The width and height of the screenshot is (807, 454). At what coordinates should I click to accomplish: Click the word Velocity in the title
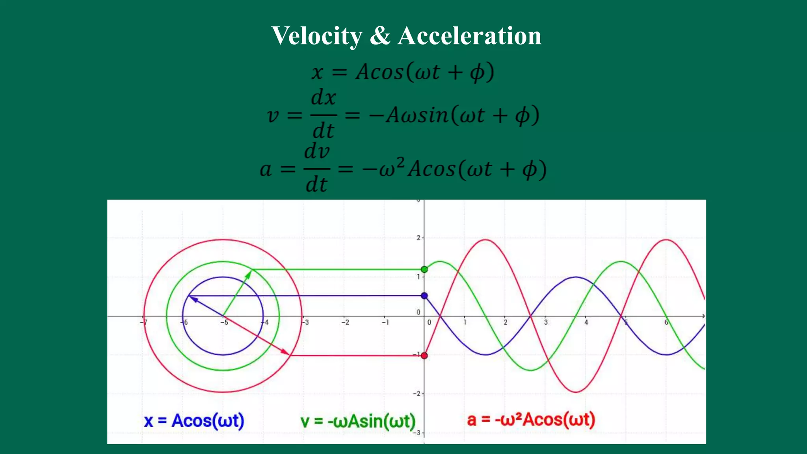coord(317,36)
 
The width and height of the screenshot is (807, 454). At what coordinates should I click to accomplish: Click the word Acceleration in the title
coord(469,36)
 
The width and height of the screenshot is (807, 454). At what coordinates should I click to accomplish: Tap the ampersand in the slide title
coord(380,36)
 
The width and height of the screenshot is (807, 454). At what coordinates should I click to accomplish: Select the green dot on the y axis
coord(424,270)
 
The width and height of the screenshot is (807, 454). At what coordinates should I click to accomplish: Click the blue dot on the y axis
coord(424,296)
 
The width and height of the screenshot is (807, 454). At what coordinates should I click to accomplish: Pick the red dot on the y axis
coord(424,355)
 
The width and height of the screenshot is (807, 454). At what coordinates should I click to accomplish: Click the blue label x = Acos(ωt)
coord(194,421)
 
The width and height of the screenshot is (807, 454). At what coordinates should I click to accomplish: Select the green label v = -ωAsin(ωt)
coord(358,421)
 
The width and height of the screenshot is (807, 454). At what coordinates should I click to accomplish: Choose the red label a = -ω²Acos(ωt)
coord(531,420)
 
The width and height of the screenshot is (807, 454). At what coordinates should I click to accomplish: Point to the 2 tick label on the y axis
coord(418,238)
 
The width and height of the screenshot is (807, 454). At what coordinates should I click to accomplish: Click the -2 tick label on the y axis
coord(417,394)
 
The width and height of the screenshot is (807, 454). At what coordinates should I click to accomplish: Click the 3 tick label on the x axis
coord(546,322)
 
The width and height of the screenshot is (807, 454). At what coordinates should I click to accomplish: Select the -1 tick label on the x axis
coord(385,322)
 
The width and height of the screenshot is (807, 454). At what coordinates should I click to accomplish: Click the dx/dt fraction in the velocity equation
coord(324,114)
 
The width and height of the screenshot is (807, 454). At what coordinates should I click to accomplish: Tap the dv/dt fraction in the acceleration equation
coord(317,168)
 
